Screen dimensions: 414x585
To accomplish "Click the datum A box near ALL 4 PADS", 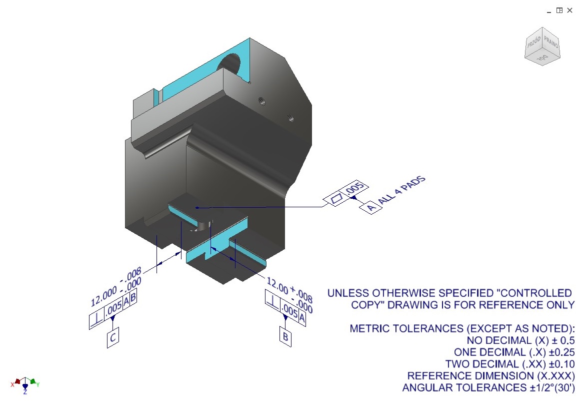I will coord(370,207).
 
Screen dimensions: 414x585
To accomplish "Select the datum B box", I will coord(285,337).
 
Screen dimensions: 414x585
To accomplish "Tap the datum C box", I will coord(113,339).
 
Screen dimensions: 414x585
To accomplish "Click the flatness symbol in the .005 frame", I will coord(337,198).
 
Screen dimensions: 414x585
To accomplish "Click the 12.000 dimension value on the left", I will coord(103,296).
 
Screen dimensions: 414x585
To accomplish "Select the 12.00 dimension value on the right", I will coord(277,285).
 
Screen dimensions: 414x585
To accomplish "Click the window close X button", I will coord(569,10).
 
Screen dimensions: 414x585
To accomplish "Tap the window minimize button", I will coord(549,10).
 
